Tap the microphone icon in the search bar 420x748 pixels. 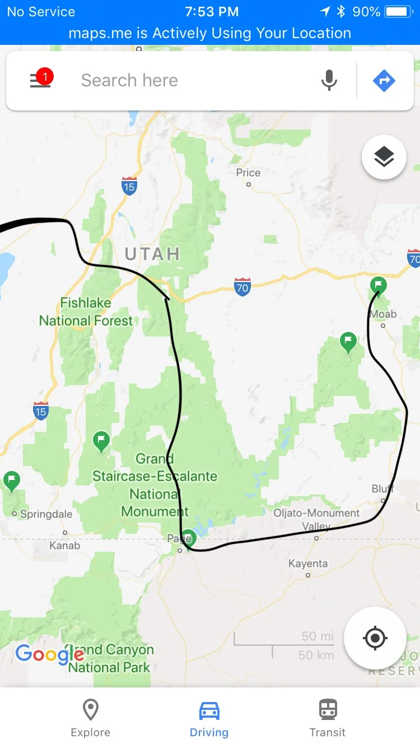(x=329, y=81)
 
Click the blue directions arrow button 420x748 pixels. (x=384, y=81)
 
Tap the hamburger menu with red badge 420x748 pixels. (x=40, y=80)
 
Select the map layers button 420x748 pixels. (x=384, y=157)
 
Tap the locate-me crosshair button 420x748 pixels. (x=375, y=638)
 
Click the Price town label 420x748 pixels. (x=248, y=173)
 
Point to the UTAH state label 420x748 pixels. (x=152, y=254)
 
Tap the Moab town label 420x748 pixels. (x=383, y=314)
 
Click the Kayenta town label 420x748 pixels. (x=307, y=564)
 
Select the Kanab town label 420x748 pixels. (x=65, y=545)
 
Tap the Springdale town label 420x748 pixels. (x=46, y=514)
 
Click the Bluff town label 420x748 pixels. (x=383, y=489)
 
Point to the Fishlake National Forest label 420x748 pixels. (x=86, y=312)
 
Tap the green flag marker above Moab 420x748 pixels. (x=379, y=284)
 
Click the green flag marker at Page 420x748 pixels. (x=188, y=537)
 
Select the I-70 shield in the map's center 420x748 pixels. (x=242, y=287)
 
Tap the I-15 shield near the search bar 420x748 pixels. (x=129, y=186)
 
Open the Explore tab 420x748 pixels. (x=90, y=718)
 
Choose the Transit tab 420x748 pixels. (x=328, y=718)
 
